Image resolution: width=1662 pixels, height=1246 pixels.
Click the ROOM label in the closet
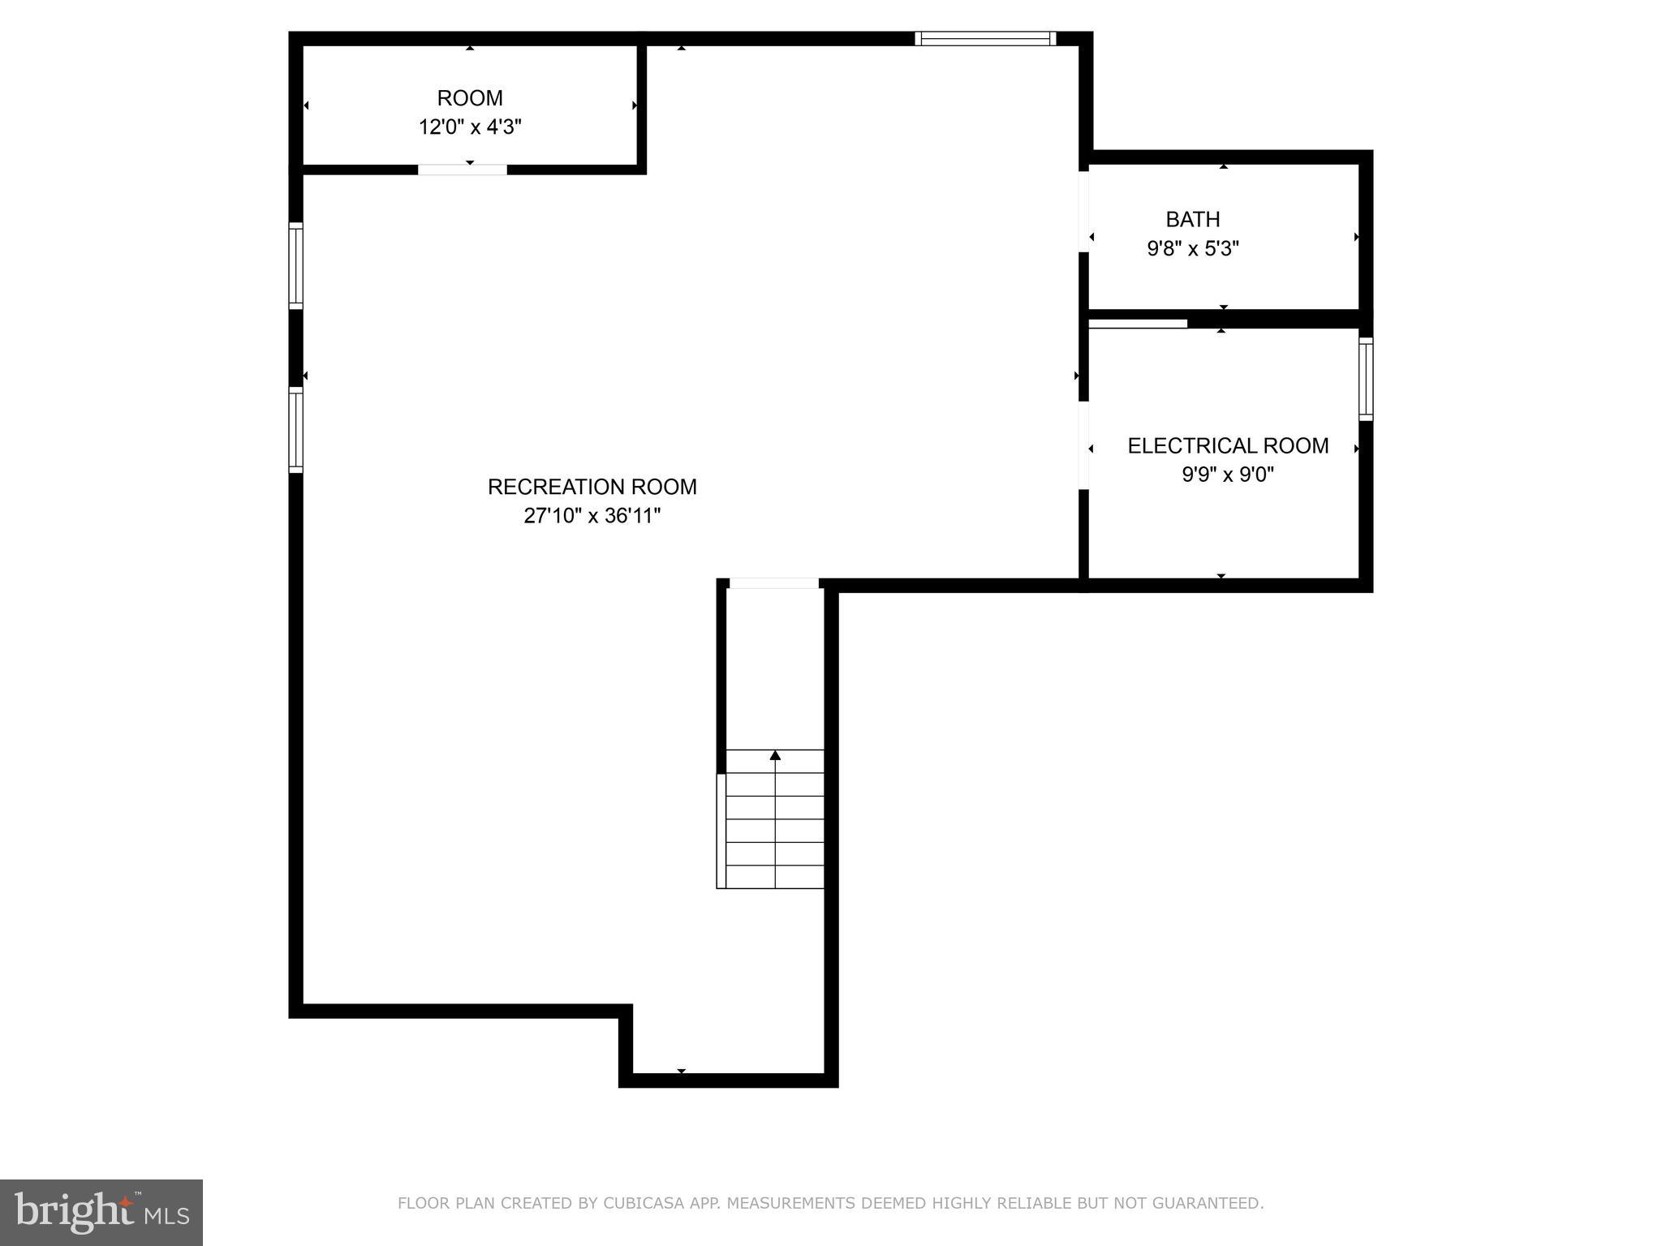tap(470, 98)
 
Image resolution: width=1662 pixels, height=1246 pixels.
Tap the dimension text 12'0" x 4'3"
tap(470, 127)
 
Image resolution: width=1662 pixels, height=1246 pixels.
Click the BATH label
tap(1192, 219)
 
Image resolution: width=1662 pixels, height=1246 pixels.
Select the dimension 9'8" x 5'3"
tap(1192, 248)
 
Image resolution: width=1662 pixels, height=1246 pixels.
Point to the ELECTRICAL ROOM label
tap(1228, 445)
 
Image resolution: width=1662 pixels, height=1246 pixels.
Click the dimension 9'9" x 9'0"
tap(1228, 475)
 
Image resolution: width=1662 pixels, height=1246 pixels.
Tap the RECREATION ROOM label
tap(592, 487)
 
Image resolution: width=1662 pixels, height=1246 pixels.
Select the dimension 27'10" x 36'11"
tap(592, 516)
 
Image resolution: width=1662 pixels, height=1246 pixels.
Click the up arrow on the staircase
tap(775, 755)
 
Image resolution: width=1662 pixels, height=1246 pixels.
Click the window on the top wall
tap(985, 38)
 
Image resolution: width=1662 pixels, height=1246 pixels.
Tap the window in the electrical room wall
tap(1366, 379)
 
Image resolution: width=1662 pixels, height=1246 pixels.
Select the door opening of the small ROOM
tap(463, 170)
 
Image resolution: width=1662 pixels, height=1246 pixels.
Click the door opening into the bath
tap(1083, 212)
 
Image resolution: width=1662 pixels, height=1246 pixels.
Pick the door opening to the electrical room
tap(1083, 445)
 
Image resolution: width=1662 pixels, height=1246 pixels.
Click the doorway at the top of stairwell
tap(773, 583)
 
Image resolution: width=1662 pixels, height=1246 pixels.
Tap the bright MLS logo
tap(101, 1212)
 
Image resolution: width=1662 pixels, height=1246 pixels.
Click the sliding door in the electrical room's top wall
tap(1138, 324)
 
